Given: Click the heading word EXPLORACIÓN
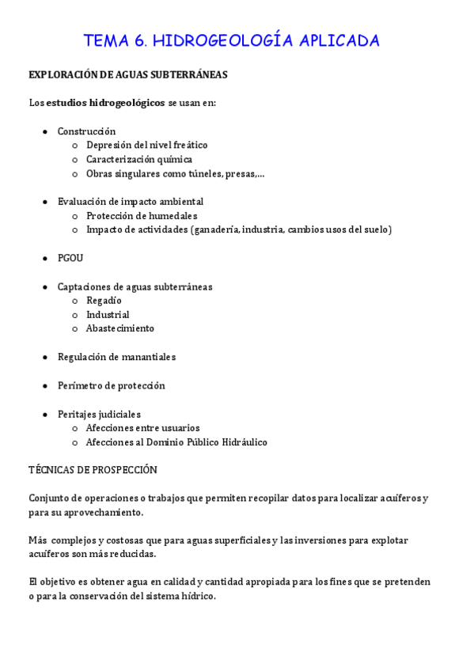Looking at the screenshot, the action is point(63,75).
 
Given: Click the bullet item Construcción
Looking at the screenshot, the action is point(86,131).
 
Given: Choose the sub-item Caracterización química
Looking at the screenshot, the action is point(139,160).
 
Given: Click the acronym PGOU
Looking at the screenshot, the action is point(70,258).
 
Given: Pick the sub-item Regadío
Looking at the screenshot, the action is point(104,301).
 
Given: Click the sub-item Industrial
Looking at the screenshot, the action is point(108,315).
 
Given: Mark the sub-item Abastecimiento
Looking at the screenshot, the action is point(120,328).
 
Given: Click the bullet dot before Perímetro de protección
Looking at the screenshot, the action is point(45,386).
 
